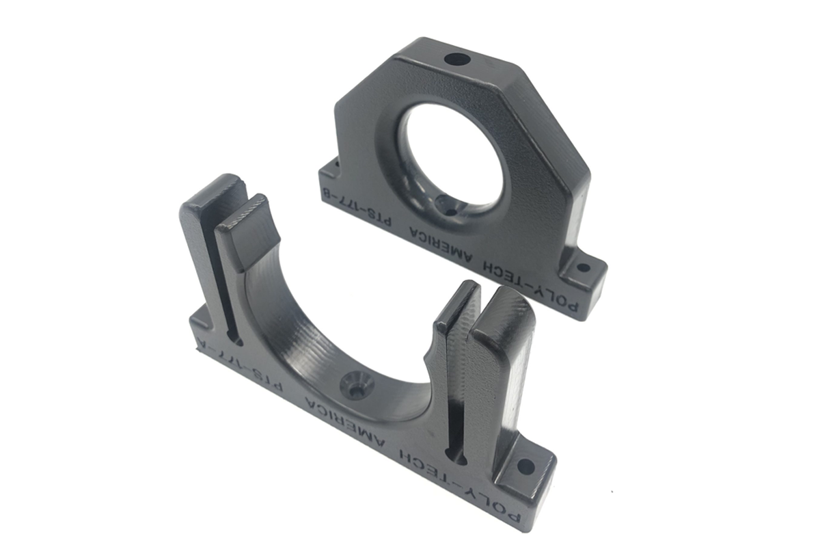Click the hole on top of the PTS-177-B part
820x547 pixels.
(456, 59)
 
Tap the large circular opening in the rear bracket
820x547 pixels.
(450, 154)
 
